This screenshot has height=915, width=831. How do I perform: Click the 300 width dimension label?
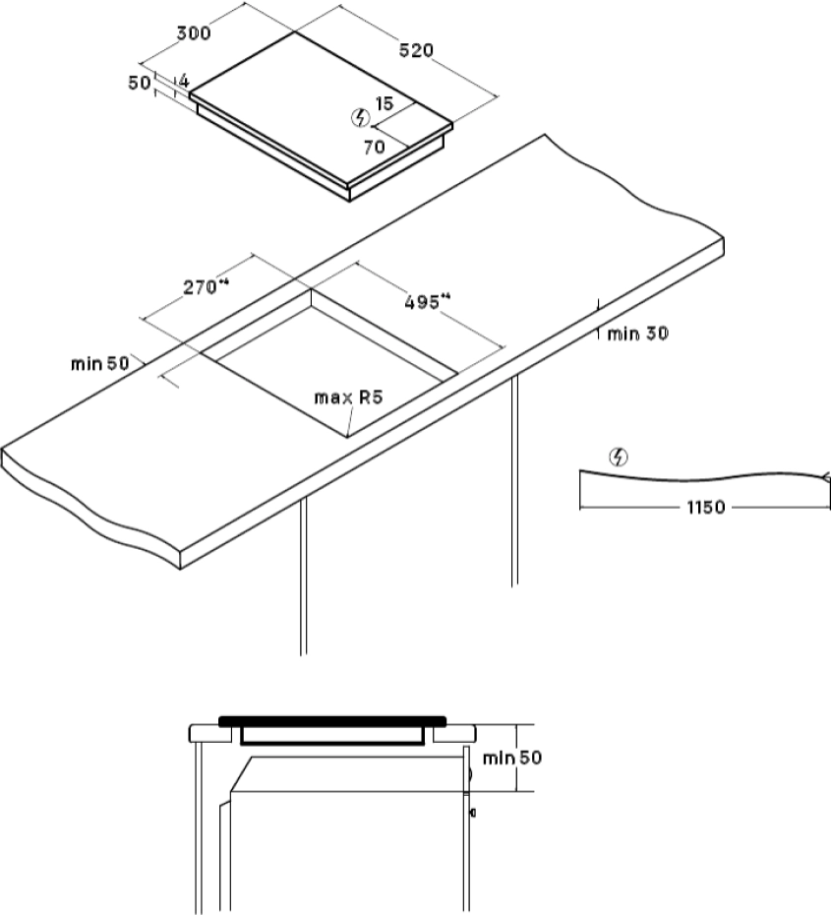point(194,33)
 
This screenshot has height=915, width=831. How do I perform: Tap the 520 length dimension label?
point(416,51)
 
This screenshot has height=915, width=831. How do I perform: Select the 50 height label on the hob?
point(140,84)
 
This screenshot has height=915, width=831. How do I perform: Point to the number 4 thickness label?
point(184,81)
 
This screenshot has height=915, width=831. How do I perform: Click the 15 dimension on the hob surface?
point(385,104)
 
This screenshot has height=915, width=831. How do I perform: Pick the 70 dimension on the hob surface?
point(374,147)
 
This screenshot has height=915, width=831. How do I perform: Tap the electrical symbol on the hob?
point(360,118)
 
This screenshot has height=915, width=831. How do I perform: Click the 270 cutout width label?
point(207,287)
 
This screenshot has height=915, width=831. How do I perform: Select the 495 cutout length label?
point(428,302)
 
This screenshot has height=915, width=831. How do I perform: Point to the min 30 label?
point(638,334)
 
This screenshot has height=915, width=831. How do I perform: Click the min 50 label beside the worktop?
point(99,364)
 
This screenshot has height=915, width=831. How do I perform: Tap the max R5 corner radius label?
point(349,398)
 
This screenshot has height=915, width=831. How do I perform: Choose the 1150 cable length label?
point(706,507)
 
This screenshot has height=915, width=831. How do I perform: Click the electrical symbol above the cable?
point(619,457)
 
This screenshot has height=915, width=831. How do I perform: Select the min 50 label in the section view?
point(512,758)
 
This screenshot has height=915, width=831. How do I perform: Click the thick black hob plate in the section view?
point(332,721)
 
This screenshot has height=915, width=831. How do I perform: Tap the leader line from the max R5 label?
point(350,422)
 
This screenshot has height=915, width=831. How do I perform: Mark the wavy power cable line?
point(701,476)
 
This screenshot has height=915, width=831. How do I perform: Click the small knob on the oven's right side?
point(472,813)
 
